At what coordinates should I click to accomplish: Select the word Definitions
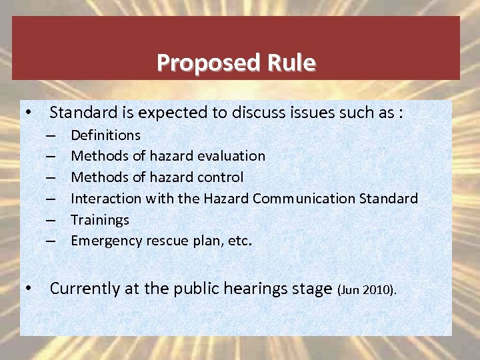click(105, 135)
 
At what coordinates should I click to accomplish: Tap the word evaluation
click(231, 156)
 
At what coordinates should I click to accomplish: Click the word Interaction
click(105, 199)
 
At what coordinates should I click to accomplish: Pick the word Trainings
click(100, 219)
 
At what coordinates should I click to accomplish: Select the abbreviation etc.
click(239, 241)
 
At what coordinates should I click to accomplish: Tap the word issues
click(299, 113)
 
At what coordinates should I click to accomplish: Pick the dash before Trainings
click(51, 219)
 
